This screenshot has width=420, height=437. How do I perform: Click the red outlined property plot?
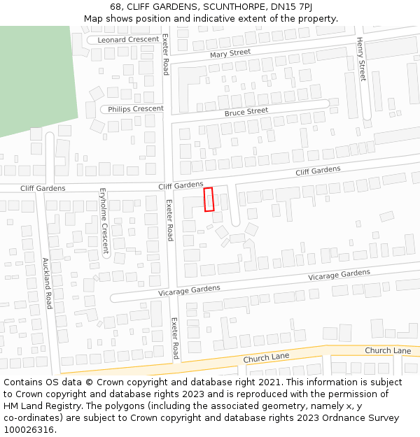(x=208, y=199)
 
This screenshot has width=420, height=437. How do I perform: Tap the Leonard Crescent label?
(x=128, y=40)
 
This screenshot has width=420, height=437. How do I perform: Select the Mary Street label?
(x=230, y=53)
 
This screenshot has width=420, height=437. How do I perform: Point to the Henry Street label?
(x=361, y=59)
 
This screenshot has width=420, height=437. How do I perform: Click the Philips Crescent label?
(x=135, y=109)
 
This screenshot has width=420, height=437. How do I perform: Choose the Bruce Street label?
(x=246, y=112)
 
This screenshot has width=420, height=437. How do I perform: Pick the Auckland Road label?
(x=47, y=283)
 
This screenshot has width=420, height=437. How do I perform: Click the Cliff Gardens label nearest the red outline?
(x=181, y=185)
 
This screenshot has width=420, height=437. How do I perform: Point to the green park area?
(x=35, y=77)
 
